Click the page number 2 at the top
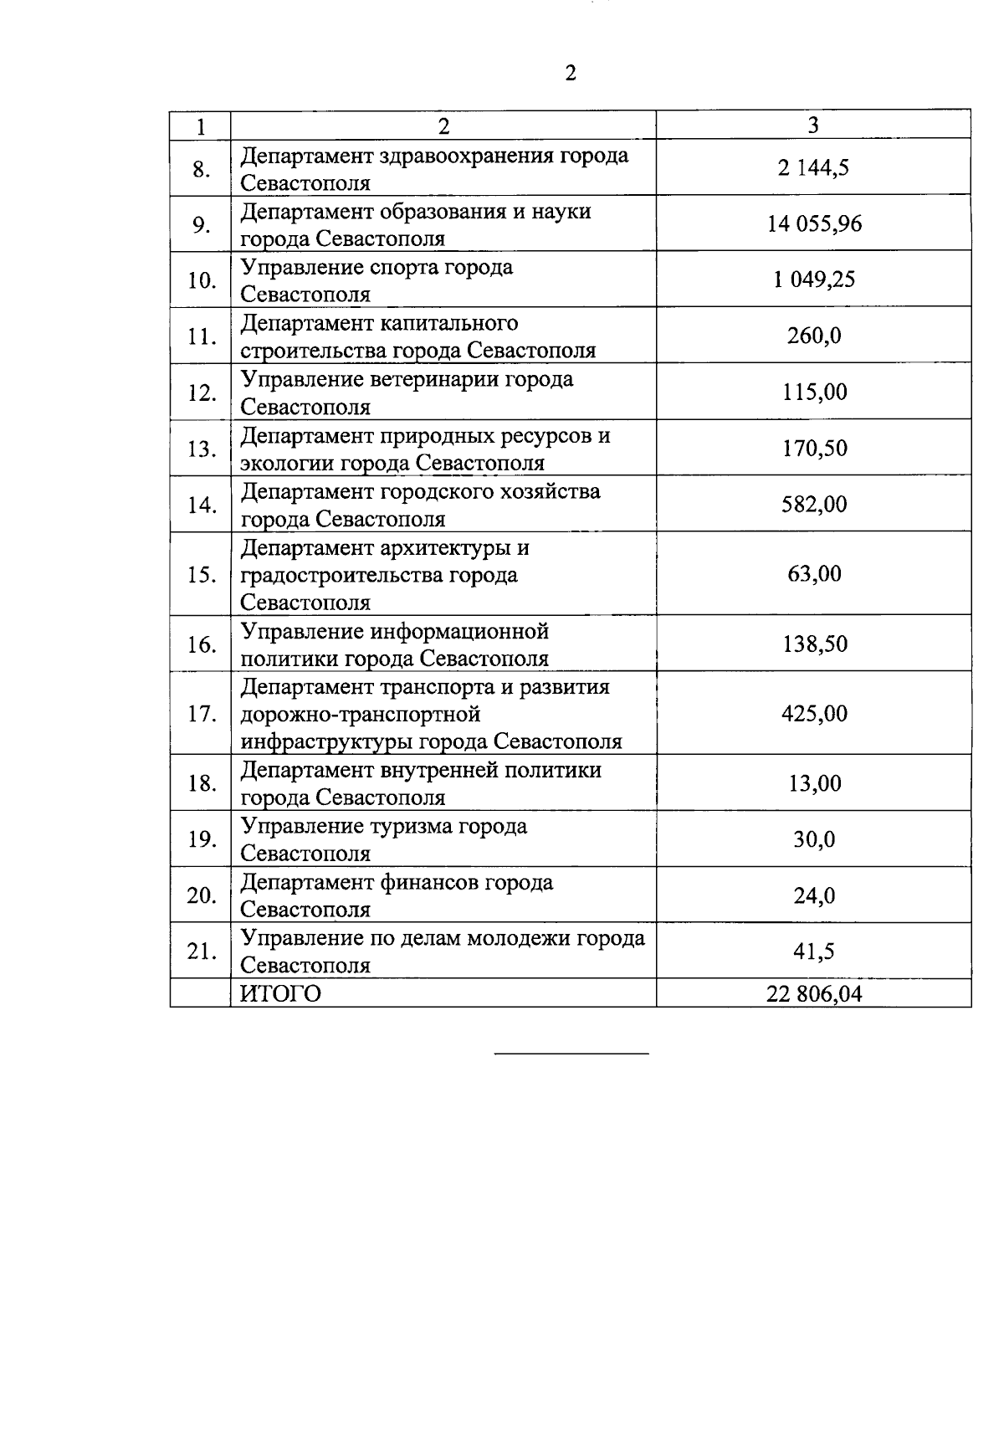click(571, 74)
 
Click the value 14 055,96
click(814, 223)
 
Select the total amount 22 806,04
click(813, 993)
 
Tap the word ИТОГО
click(280, 993)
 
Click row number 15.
click(202, 575)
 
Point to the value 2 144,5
click(813, 167)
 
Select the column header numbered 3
click(812, 125)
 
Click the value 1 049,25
click(814, 280)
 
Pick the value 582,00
click(814, 504)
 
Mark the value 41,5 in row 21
click(814, 951)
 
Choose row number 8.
click(202, 169)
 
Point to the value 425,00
click(814, 714)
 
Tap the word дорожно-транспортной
click(361, 715)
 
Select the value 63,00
click(814, 574)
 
